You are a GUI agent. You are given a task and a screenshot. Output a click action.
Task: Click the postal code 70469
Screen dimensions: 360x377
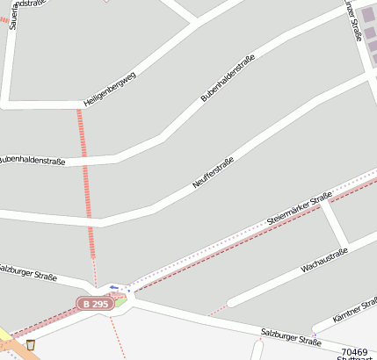pyautogui.click(x=354, y=351)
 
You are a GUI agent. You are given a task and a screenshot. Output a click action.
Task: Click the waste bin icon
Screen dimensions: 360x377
pyautogui.click(x=31, y=344)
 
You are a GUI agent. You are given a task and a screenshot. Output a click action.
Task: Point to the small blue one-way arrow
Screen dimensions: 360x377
pyautogui.click(x=113, y=287)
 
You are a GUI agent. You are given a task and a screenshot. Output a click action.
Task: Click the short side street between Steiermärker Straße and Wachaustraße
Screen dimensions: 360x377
pyautogui.click(x=335, y=225)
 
